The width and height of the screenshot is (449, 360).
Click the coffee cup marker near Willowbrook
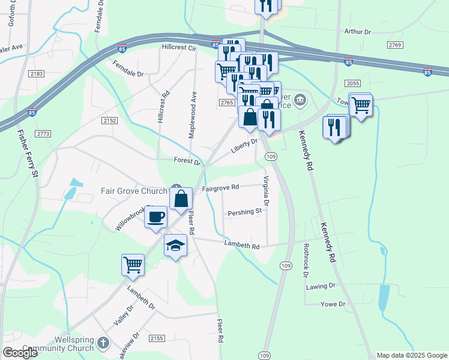(156, 217)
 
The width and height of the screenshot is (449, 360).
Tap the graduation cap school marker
(176, 245)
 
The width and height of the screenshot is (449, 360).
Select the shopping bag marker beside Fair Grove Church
(181, 199)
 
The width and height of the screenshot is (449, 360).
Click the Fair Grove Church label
(133, 191)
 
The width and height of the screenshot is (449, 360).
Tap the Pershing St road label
(244, 211)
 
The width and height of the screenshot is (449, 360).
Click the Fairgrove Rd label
(220, 188)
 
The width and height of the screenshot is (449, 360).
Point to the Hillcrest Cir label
(179, 47)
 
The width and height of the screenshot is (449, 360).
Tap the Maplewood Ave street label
(193, 115)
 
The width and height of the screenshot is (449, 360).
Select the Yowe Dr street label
(333, 304)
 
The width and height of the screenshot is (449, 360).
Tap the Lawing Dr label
(319, 287)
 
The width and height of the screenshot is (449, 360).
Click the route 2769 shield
(394, 45)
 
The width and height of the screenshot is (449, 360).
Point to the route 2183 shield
(36, 73)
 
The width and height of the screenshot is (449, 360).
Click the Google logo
(20, 353)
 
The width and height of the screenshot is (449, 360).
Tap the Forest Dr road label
(187, 161)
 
